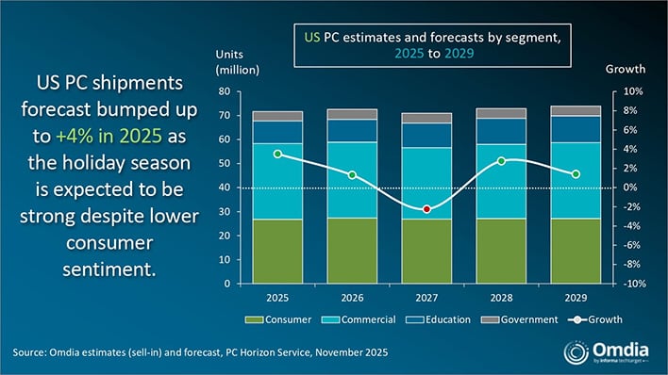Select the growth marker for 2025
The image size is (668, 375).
click(x=276, y=154)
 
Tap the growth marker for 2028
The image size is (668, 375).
click(x=502, y=160)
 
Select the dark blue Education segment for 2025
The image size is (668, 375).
click(x=276, y=132)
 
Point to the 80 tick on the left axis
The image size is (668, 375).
click(x=225, y=91)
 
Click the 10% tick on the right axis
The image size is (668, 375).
click(x=631, y=91)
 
